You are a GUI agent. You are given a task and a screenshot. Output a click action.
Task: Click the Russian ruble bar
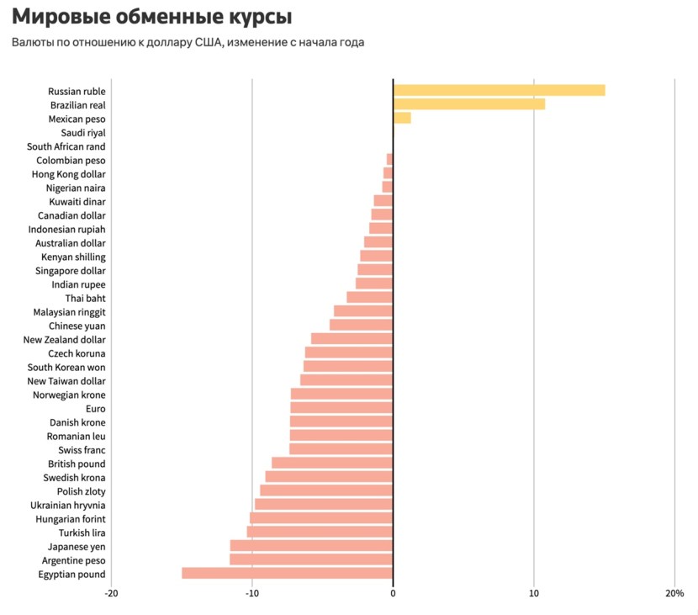coord(499,91)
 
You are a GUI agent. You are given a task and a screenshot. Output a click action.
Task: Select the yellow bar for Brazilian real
coord(468,104)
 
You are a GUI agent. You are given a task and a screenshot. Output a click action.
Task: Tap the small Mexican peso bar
coord(402,119)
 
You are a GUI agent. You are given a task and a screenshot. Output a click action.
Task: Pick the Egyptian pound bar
coord(287,574)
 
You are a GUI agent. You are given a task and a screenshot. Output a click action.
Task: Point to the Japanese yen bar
coord(311,546)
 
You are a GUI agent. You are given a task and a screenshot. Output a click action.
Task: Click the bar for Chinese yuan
coord(361,326)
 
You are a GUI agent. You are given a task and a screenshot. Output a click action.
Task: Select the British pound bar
coord(332,464)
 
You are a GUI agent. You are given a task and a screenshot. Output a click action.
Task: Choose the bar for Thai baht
coord(369,298)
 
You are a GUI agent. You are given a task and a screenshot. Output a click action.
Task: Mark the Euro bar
coord(341,408)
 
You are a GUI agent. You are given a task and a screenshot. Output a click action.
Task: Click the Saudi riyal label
coord(83,133)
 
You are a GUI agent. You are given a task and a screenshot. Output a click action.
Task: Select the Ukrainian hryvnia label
coord(68,505)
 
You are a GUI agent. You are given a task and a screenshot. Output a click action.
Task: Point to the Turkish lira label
coord(82,533)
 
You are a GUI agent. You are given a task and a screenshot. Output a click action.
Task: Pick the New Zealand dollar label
coord(64,339)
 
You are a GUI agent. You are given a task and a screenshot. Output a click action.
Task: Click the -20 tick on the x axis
coord(111,593)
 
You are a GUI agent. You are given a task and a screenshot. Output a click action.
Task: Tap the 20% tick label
coord(674,593)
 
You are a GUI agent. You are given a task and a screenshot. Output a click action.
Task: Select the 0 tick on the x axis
coord(393,593)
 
